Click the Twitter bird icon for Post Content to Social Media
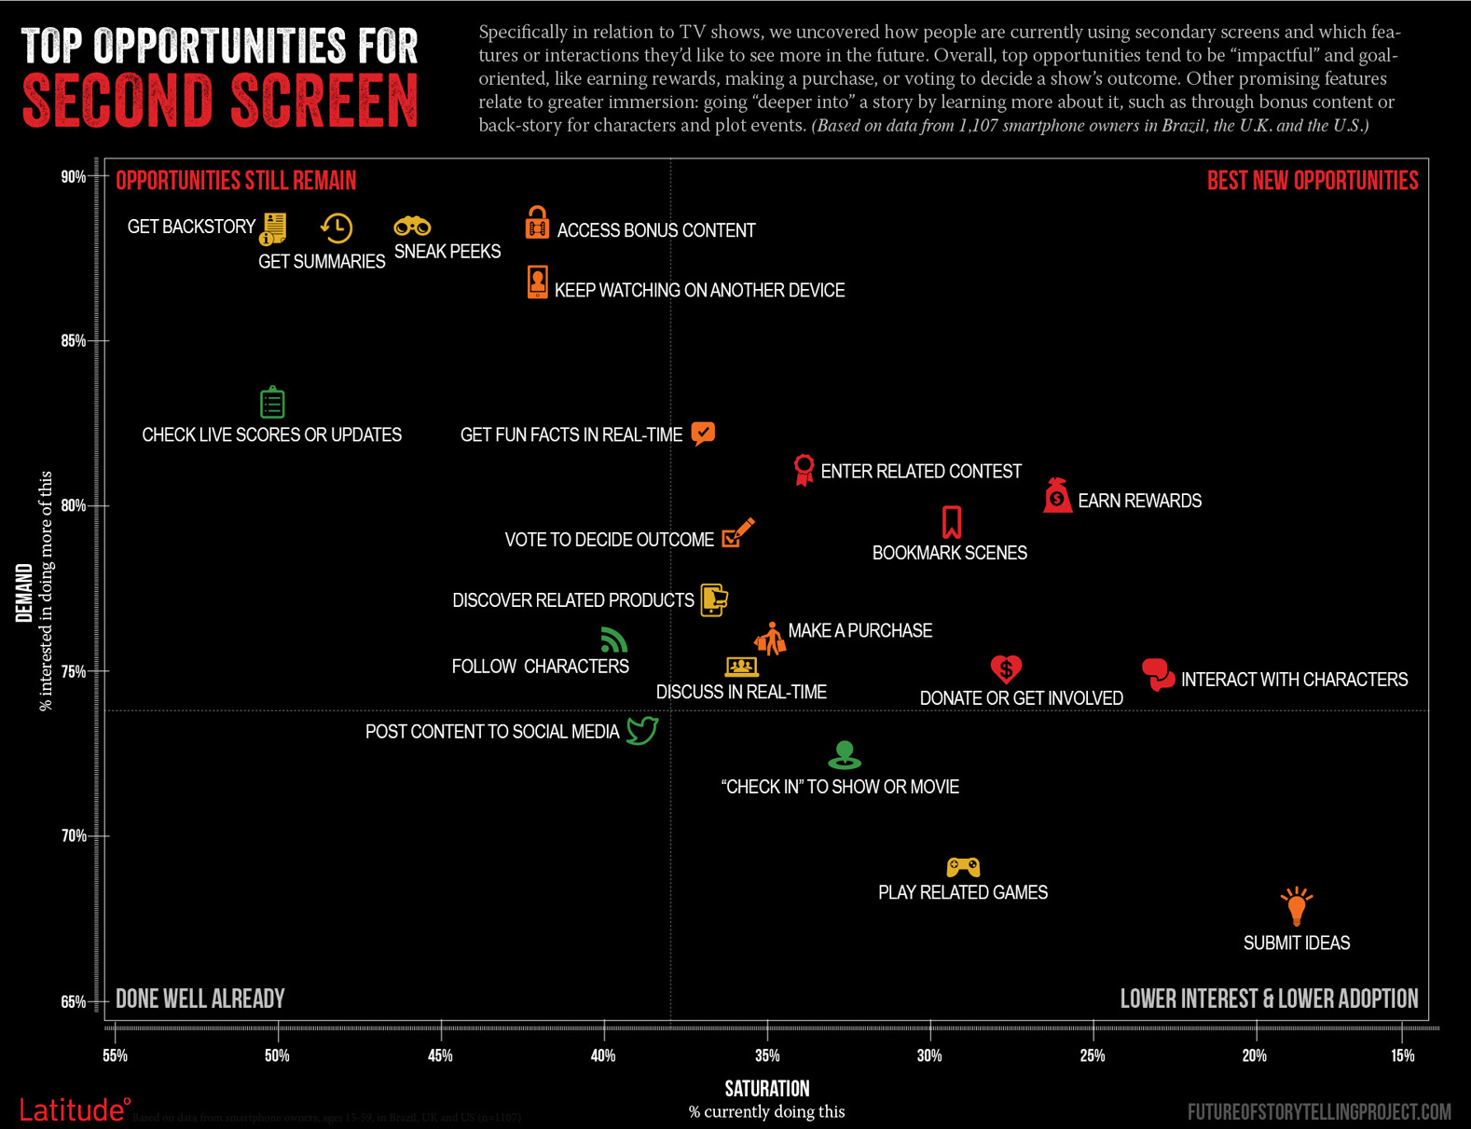point(642,730)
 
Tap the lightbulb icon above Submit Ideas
point(1296,905)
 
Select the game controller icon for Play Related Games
point(963,867)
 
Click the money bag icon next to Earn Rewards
point(1057,496)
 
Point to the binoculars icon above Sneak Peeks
point(412,227)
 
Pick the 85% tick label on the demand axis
point(74,341)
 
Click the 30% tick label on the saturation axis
point(929,1055)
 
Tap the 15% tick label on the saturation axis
point(1402,1055)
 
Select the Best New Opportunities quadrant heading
point(1312,181)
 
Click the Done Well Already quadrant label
point(199,999)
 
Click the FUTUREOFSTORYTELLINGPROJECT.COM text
point(1319,1111)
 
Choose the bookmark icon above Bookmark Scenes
point(951,522)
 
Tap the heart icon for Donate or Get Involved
point(1006,668)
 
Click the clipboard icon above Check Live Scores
point(272,403)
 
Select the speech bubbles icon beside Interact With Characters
point(1158,673)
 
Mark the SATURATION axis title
point(766,1088)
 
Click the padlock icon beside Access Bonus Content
point(537,224)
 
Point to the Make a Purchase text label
point(859,631)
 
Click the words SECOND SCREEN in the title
point(220,101)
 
